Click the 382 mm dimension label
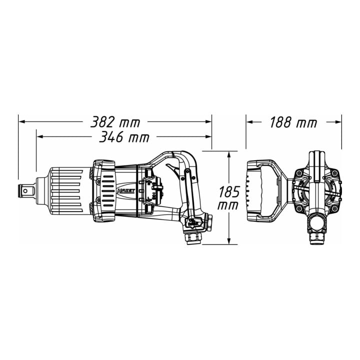tap(115, 122)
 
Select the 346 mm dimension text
tap(124, 137)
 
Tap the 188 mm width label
tap(293, 122)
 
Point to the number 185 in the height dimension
tap(229, 192)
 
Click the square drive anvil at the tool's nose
tap(25, 190)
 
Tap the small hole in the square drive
tap(25, 190)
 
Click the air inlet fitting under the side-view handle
tap(193, 239)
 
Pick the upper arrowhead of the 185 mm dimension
tap(228, 154)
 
